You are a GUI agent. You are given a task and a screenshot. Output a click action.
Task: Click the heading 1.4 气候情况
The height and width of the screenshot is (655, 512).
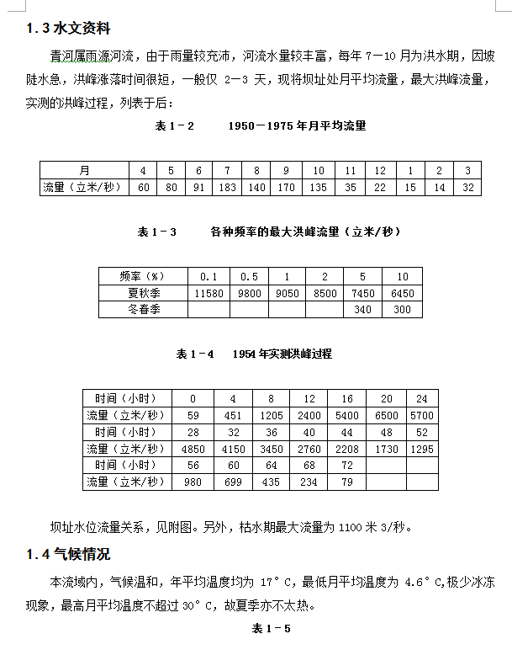tap(68, 555)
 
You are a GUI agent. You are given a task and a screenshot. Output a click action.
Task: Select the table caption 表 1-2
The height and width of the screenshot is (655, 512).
tap(175, 126)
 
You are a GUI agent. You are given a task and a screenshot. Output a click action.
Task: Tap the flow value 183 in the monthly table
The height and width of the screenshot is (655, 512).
tap(227, 187)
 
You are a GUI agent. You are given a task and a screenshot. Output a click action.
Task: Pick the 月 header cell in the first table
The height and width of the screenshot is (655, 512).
tap(84, 170)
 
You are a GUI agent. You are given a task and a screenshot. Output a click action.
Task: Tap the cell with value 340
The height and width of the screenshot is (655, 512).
tap(363, 310)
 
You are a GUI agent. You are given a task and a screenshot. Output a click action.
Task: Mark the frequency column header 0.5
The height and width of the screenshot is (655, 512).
tap(249, 276)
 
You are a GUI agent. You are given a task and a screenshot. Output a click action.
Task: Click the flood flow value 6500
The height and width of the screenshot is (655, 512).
tap(387, 416)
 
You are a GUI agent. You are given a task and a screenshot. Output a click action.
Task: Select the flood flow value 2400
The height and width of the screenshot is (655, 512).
tap(309, 416)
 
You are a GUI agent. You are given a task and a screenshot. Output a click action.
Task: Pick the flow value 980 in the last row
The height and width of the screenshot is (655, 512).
tap(193, 482)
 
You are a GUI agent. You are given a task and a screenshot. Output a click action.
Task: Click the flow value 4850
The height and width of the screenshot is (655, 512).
tap(193, 450)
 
